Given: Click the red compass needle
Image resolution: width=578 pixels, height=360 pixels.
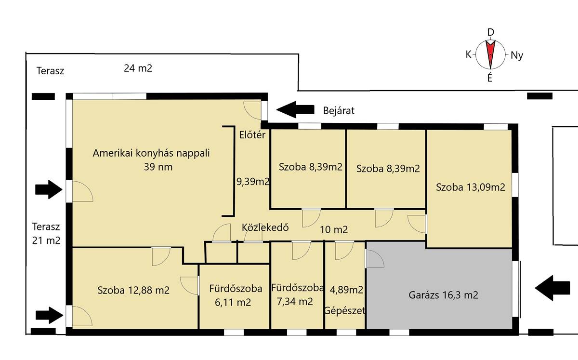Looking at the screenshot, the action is click(490, 54).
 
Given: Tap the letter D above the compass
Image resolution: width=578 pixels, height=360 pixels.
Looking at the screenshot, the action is click(490, 32).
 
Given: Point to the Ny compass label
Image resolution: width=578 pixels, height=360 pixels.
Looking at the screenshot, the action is click(517, 55).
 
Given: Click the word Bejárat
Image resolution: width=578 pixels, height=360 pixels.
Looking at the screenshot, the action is click(339, 110).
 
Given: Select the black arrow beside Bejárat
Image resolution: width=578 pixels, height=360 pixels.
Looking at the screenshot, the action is click(295, 110).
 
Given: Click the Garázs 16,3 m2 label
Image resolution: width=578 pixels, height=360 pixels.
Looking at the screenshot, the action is click(443, 295).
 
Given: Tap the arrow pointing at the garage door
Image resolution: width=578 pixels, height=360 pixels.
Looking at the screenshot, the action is click(552, 288).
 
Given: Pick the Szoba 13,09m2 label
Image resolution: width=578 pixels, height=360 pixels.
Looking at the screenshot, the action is click(471, 187).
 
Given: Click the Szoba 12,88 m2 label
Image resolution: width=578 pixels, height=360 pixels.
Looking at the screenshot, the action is click(133, 290).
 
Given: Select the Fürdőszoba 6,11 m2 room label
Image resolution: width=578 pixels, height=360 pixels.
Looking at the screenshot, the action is click(236, 295).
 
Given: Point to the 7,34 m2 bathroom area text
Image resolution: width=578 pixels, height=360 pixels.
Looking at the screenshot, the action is click(295, 301).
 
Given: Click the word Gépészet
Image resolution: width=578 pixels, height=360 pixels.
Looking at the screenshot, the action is click(345, 310).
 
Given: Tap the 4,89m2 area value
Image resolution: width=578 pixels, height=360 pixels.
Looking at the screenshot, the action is click(346, 290).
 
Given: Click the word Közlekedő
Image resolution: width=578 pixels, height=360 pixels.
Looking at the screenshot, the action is click(265, 227).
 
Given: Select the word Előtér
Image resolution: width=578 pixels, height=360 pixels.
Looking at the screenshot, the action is click(252, 135).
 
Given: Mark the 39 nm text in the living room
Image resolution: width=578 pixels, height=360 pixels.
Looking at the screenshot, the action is click(158, 167).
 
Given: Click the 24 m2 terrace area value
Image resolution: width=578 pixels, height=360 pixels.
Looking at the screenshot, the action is click(138, 68).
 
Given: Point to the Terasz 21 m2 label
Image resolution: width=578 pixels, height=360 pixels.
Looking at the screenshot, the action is click(46, 233).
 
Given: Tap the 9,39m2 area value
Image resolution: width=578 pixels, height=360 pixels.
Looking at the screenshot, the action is click(253, 182).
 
